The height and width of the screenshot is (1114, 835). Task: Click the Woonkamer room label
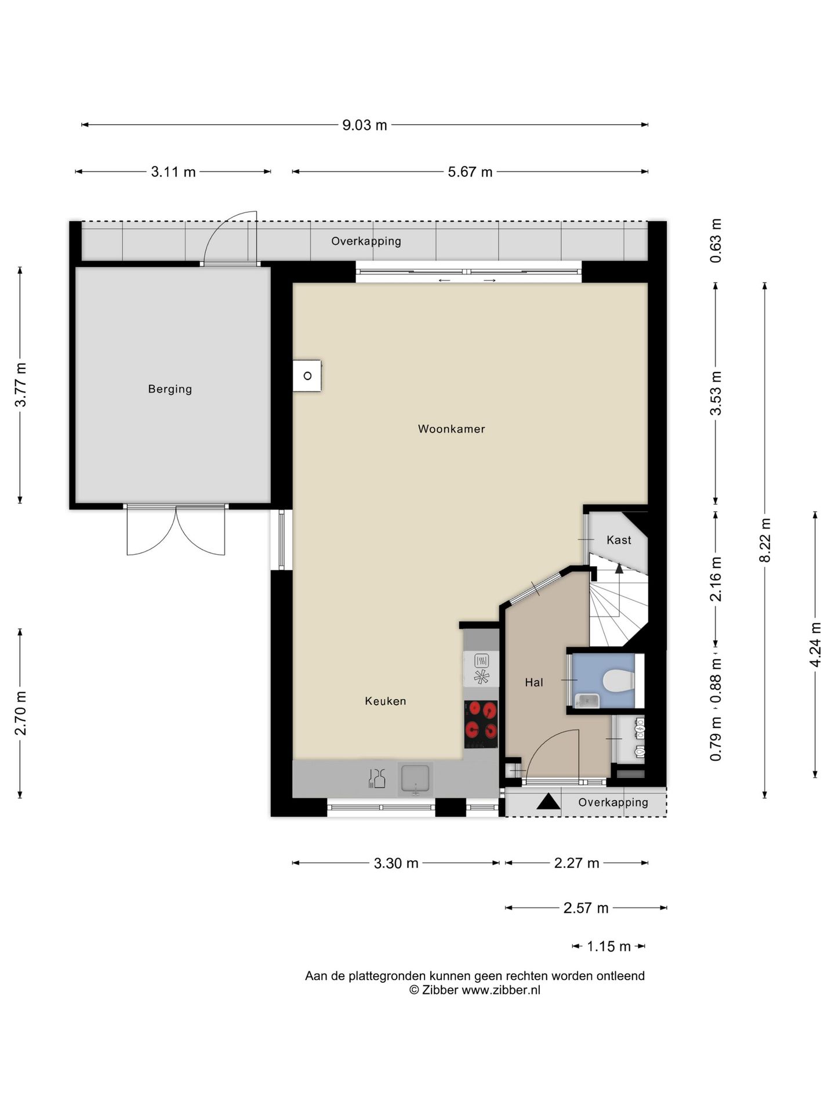(451, 429)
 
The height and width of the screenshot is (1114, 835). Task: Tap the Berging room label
(170, 389)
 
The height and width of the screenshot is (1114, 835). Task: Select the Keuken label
(386, 701)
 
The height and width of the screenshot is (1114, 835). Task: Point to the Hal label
(534, 682)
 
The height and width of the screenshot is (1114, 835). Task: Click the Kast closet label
(619, 540)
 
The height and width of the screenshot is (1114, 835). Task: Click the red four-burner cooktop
(481, 725)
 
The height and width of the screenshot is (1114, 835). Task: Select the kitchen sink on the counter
(415, 779)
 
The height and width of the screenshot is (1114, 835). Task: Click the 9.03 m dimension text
(365, 125)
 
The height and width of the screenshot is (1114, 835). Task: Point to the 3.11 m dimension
(173, 172)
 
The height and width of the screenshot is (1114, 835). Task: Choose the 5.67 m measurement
(470, 172)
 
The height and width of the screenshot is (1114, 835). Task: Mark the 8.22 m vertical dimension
(765, 540)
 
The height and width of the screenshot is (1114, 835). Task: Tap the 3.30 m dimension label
(396, 863)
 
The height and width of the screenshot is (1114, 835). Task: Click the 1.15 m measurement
(609, 946)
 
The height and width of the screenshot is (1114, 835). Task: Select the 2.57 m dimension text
(586, 908)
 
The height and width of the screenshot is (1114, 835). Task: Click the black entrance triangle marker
(548, 802)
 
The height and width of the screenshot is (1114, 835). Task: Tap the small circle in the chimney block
(307, 376)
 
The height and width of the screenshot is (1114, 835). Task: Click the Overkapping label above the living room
(366, 241)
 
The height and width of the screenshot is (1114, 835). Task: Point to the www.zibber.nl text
(500, 990)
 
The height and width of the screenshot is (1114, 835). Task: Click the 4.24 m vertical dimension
(816, 644)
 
